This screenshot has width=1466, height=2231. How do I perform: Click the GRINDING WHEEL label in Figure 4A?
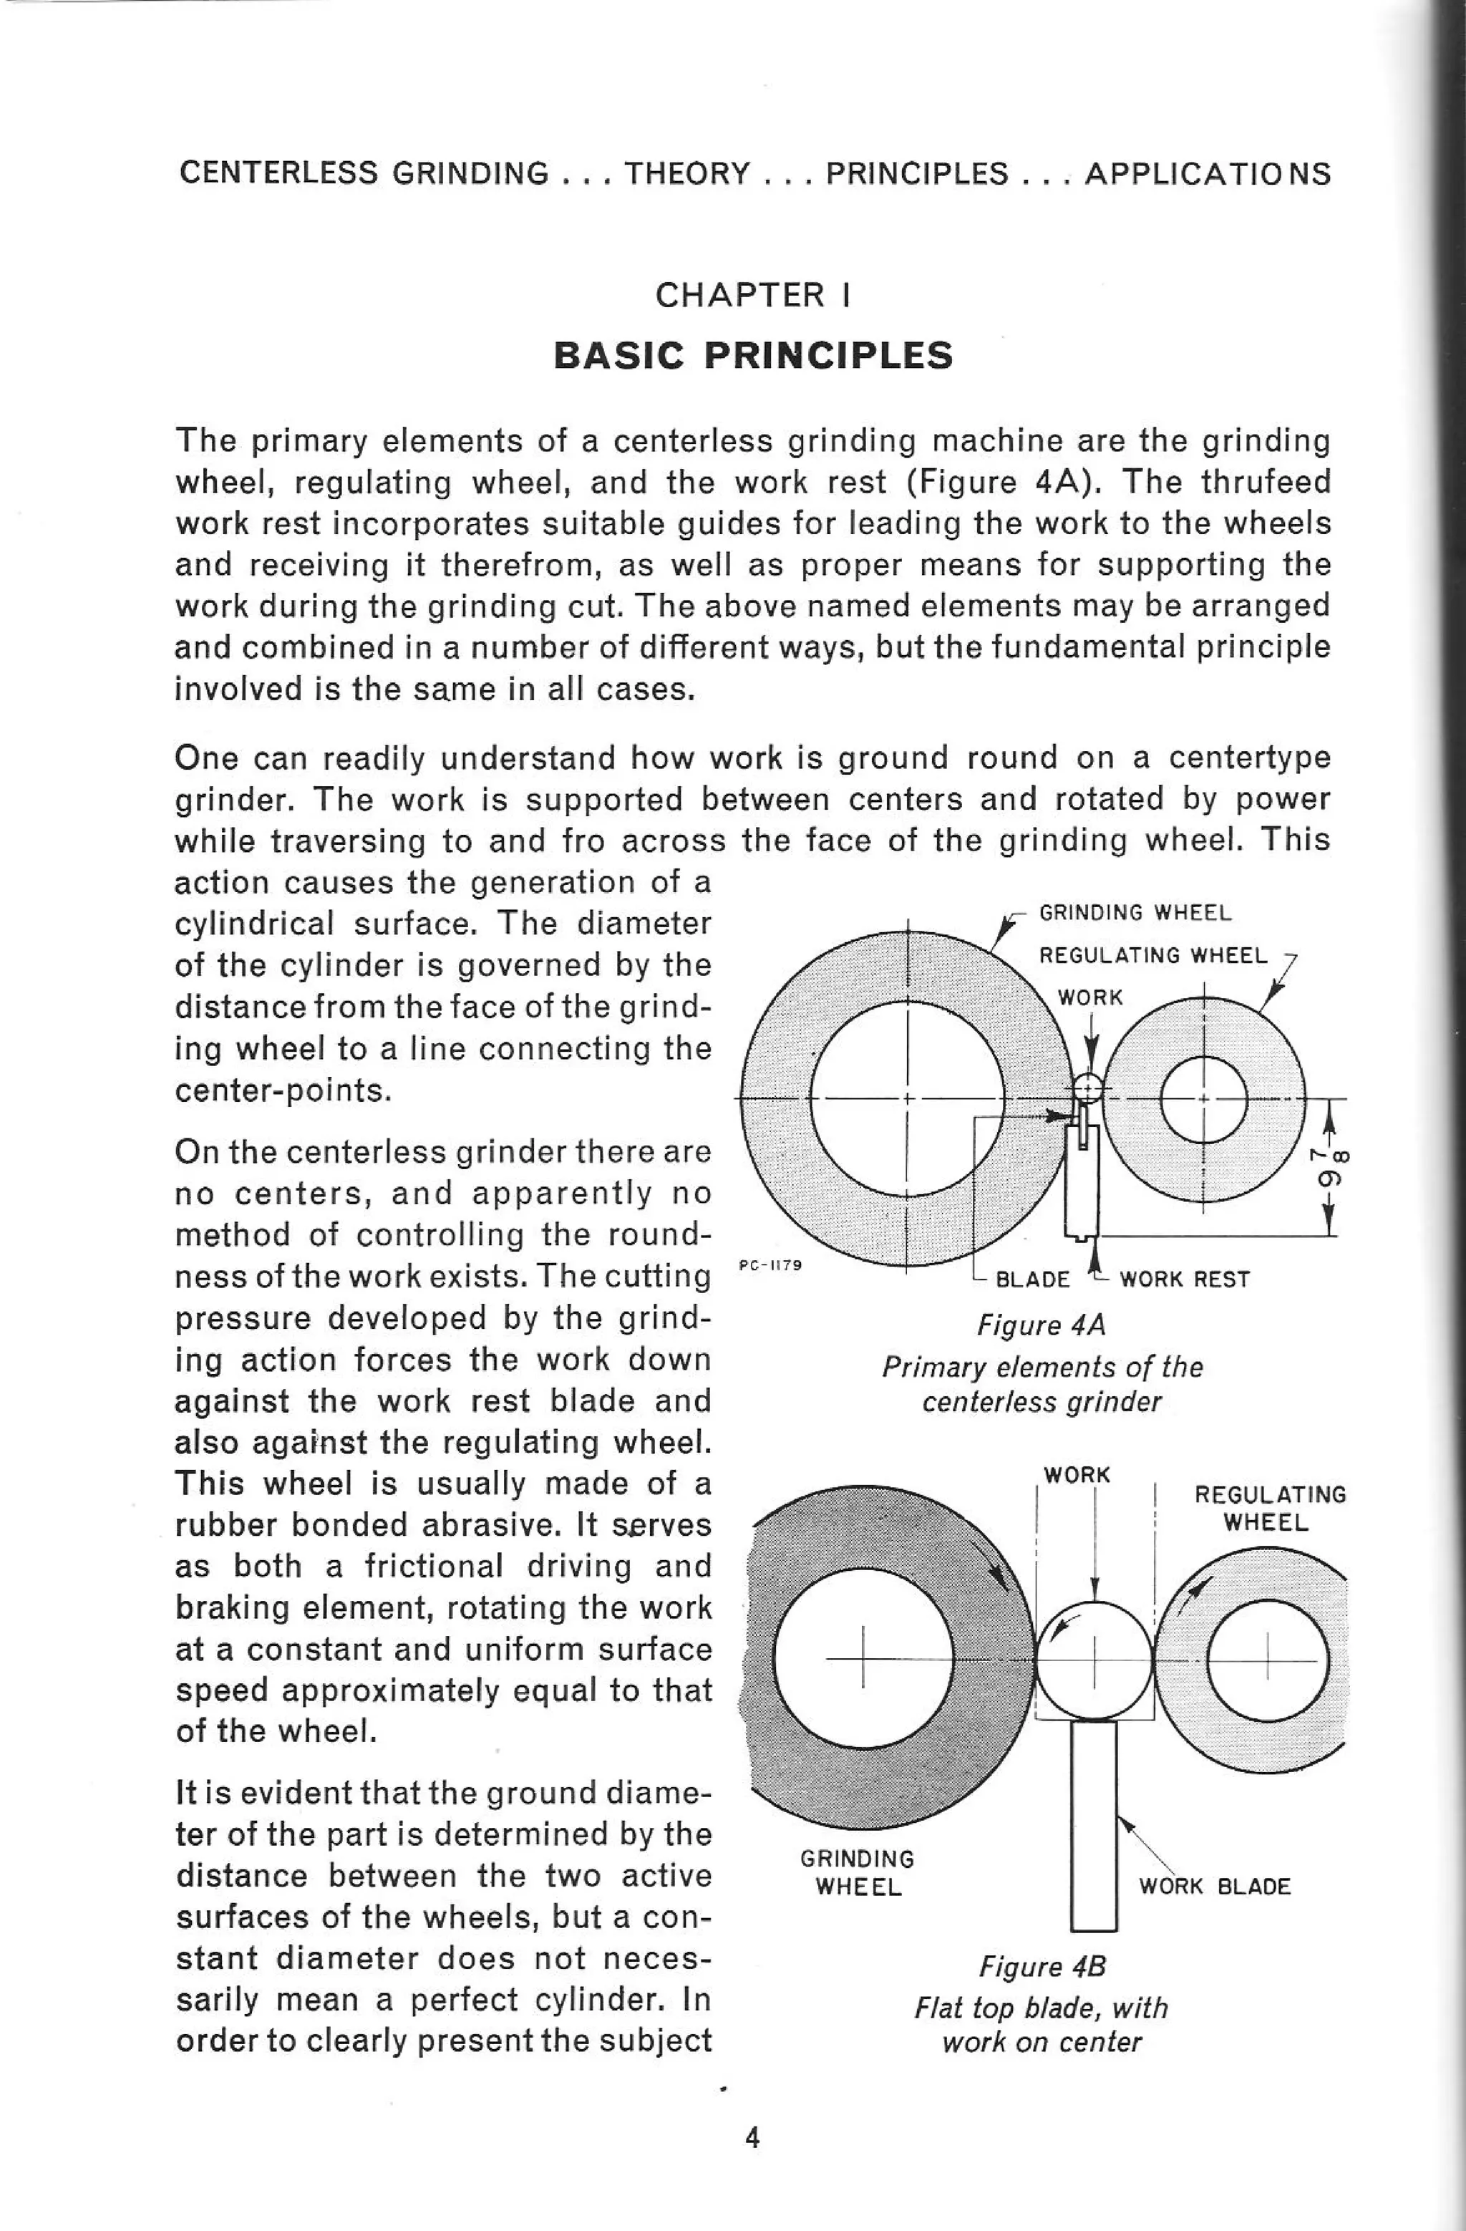1135,913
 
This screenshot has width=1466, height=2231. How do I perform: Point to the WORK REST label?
1184,1279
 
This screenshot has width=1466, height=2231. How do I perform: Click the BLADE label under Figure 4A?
1031,1279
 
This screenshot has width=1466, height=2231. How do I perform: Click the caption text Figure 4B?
1042,1967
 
